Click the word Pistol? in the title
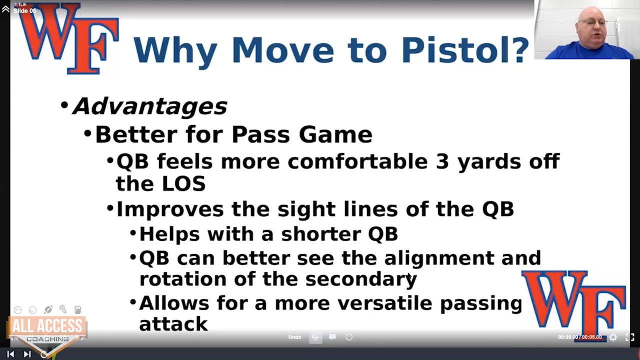pyautogui.click(x=465, y=51)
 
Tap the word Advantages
pyautogui.click(x=150, y=106)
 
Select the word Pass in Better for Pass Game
pyautogui.click(x=261, y=135)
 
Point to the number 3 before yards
pyautogui.click(x=442, y=161)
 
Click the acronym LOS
pyautogui.click(x=183, y=183)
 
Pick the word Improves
pyautogui.click(x=170, y=210)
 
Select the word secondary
pyautogui.click(x=361, y=279)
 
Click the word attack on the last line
pyautogui.click(x=173, y=324)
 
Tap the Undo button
pyautogui.click(x=294, y=337)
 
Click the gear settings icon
pyautogui.click(x=613, y=337)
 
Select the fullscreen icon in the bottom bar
pyautogui.click(x=629, y=337)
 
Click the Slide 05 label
pyautogui.click(x=25, y=11)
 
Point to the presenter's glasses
pyautogui.click(x=593, y=22)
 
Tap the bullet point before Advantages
pyautogui.click(x=64, y=105)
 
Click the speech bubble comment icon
pyautogui.click(x=332, y=337)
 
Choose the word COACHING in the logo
pyautogui.click(x=47, y=339)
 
